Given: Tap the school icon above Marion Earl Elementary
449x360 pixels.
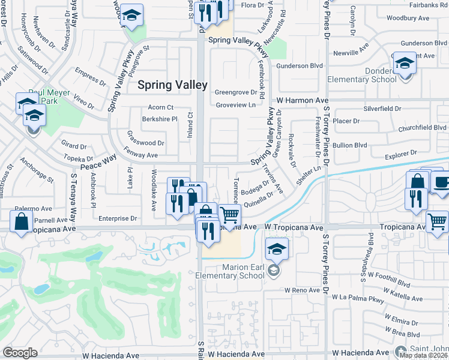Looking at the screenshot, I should pyautogui.click(x=277, y=249).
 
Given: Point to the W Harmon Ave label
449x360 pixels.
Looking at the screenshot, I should pyautogui.click(x=303, y=100).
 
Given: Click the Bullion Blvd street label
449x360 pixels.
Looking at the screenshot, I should pyautogui.click(x=351, y=145).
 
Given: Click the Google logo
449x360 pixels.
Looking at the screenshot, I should pyautogui.click(x=20, y=352).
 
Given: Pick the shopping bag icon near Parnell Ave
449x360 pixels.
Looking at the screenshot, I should pyautogui.click(x=22, y=221).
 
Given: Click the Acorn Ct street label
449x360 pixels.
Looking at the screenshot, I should pyautogui.click(x=160, y=107).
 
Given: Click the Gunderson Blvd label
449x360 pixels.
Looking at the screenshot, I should pyautogui.click(x=308, y=65).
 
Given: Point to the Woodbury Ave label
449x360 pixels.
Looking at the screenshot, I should pyautogui.click(x=408, y=18).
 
